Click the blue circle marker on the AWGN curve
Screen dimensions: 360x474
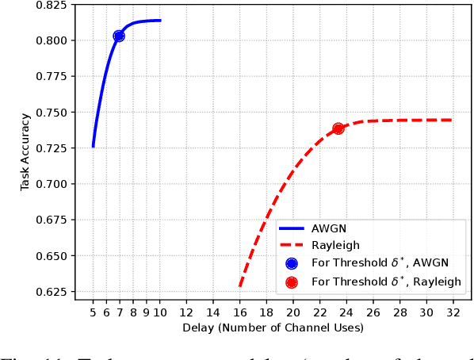coord(119,36)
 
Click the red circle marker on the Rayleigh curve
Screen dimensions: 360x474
coord(338,128)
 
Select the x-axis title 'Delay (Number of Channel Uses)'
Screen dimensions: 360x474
coord(272,327)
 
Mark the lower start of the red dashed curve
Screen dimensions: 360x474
coord(239,286)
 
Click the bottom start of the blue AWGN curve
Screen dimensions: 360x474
coord(93,146)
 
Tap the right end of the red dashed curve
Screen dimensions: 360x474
coord(452,121)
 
